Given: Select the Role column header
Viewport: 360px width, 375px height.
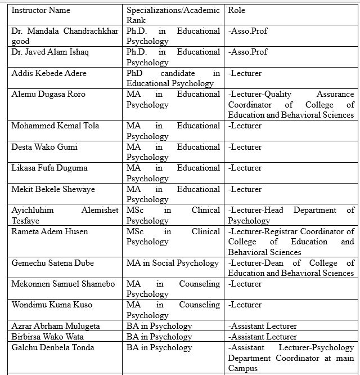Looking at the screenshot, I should click(x=237, y=10).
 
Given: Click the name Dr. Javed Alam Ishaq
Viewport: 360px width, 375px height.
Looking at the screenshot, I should click(x=50, y=52).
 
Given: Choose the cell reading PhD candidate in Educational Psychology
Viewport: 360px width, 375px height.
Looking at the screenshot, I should click(x=173, y=78).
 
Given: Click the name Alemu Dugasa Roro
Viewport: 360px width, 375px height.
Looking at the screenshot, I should click(x=48, y=94).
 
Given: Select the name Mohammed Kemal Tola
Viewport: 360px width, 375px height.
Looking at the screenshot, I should click(x=55, y=126).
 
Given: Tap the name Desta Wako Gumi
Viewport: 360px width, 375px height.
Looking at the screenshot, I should click(x=44, y=147).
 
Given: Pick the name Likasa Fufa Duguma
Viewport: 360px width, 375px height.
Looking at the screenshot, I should click(x=49, y=168).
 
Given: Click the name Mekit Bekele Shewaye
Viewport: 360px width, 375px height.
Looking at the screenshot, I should click(x=53, y=189).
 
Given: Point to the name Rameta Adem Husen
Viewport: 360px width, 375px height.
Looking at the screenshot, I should click(x=49, y=231).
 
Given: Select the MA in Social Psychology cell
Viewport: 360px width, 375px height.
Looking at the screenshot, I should click(x=172, y=263).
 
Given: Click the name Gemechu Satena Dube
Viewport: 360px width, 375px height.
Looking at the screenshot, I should click(x=52, y=263).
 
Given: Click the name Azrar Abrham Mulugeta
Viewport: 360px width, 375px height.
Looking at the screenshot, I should click(x=56, y=326).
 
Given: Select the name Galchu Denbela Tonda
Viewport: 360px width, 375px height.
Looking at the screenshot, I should click(x=53, y=347).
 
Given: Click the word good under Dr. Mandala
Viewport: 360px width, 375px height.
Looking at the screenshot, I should click(x=20, y=41).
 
